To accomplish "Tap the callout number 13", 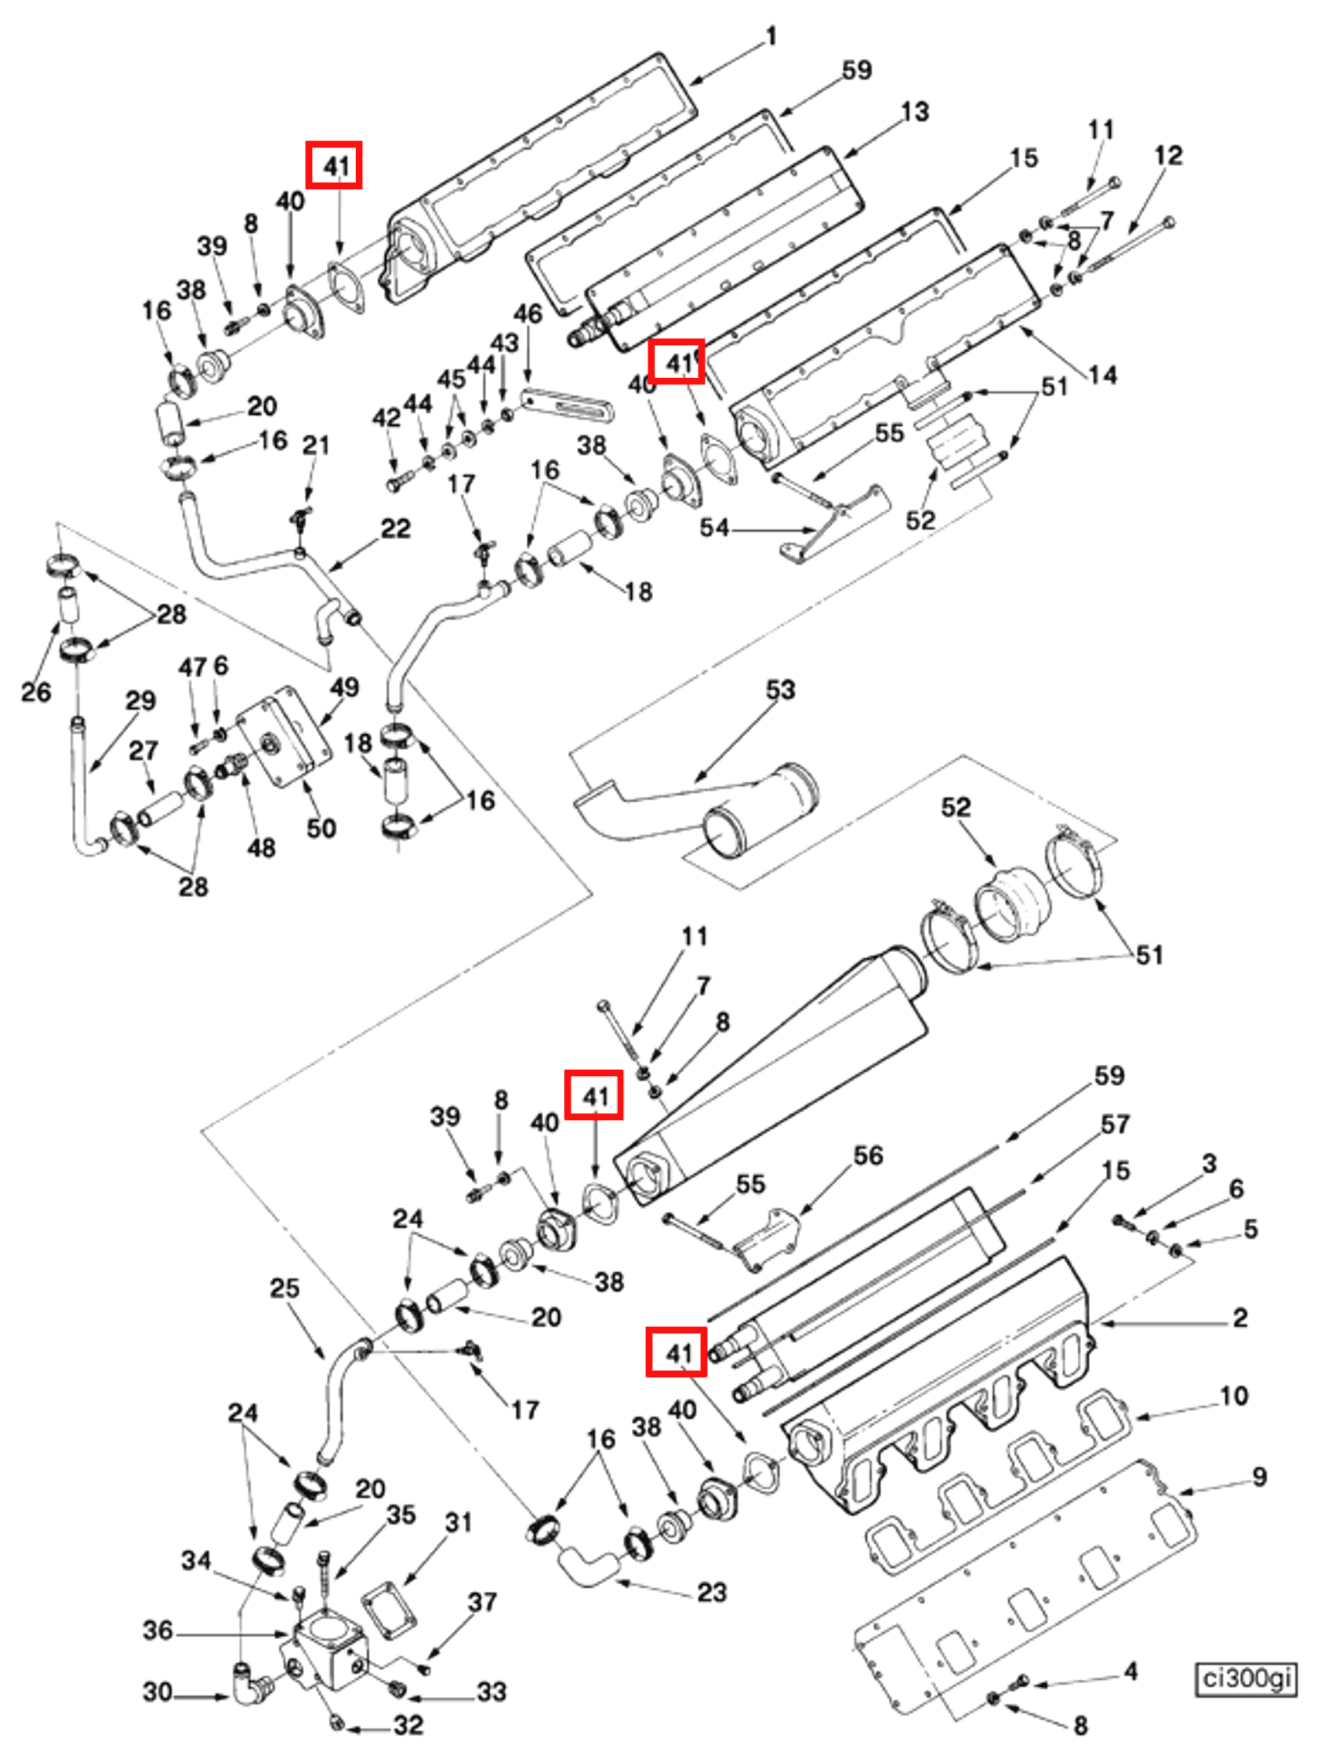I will point(915,111).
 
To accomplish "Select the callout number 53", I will point(780,689).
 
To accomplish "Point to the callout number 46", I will point(528,314).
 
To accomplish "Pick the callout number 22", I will point(395,529).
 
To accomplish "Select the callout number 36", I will point(158,1630).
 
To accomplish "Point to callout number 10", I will point(1234,1396).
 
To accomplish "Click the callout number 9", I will point(1259,1477).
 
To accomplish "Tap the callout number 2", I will point(1240,1318).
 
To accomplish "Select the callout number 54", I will point(713,528).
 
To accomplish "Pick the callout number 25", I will point(285,1288).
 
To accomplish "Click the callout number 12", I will point(1168,156).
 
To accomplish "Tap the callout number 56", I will point(868,1156).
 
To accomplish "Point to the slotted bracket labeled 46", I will point(567,403).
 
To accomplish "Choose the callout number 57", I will point(1115,1123).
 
